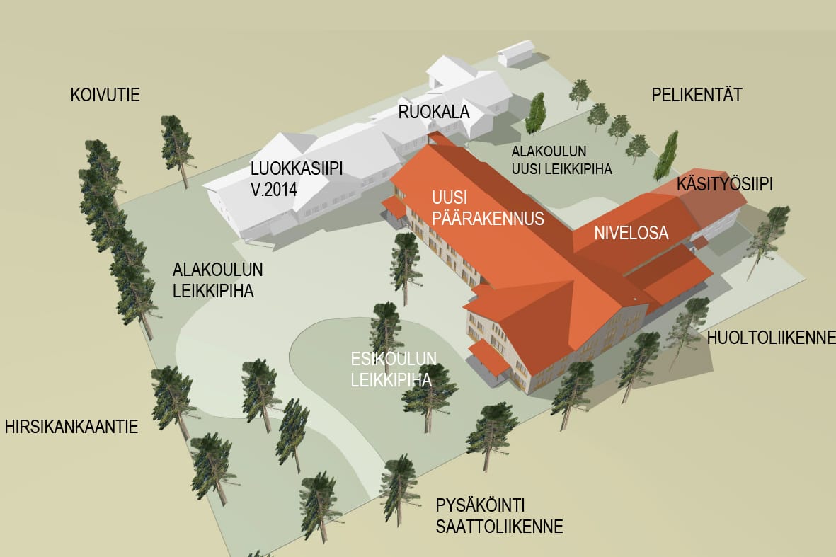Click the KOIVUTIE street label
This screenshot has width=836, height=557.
pyautogui.click(x=105, y=95)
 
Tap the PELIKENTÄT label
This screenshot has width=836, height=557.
pyautogui.click(x=697, y=95)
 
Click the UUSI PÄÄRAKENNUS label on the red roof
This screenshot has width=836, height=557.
pyautogui.click(x=486, y=207)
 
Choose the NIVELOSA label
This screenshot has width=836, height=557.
pyautogui.click(x=631, y=233)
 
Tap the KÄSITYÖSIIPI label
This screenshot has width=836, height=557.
pyautogui.click(x=724, y=184)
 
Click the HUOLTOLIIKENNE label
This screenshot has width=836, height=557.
pyautogui.click(x=771, y=338)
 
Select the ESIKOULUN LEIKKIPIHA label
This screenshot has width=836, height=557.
pyautogui.click(x=394, y=368)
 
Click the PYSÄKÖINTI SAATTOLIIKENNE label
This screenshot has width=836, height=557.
pyautogui.click(x=499, y=516)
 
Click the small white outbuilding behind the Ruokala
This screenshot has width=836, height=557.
pyautogui.click(x=517, y=53)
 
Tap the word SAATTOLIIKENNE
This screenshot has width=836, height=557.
pyautogui.click(x=499, y=527)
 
